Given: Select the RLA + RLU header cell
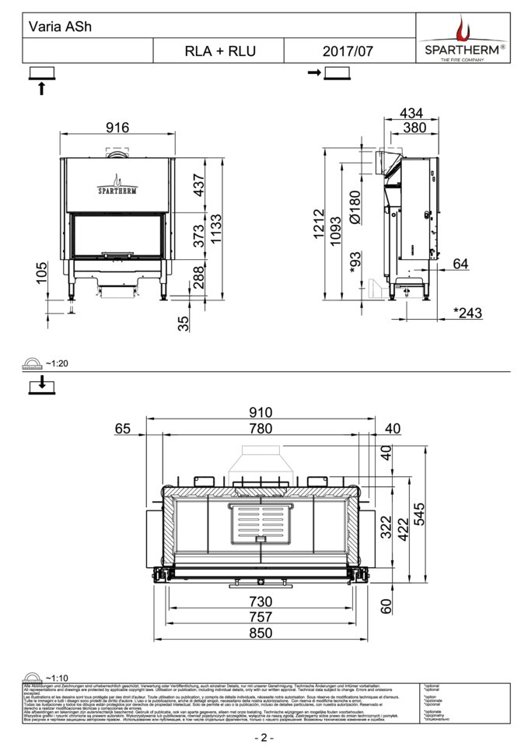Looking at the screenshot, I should click(x=220, y=51).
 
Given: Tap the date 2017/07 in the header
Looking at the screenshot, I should click(x=348, y=51).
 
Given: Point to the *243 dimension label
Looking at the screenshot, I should click(x=469, y=313).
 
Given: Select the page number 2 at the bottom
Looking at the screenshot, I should click(x=264, y=737).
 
